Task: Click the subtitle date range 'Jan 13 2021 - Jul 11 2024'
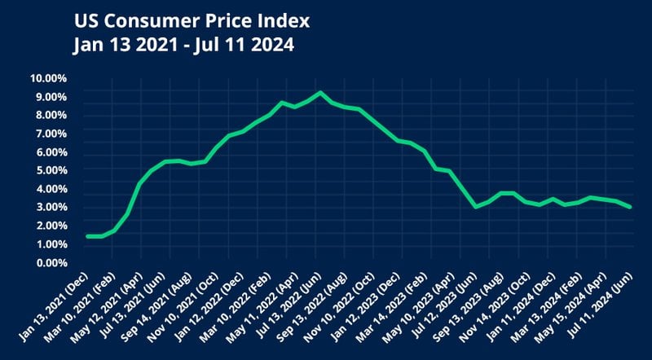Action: [183, 45]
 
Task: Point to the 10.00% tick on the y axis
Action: [49, 79]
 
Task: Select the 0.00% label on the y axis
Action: [51, 263]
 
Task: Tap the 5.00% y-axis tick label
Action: [51, 171]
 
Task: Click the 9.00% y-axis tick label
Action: [51, 98]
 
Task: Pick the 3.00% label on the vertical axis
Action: [51, 208]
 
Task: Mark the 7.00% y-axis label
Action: [51, 134]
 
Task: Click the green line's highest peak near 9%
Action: [319, 93]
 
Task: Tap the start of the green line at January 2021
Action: [86, 236]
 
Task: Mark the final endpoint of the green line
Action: [630, 207]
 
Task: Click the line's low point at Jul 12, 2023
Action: [475, 207]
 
